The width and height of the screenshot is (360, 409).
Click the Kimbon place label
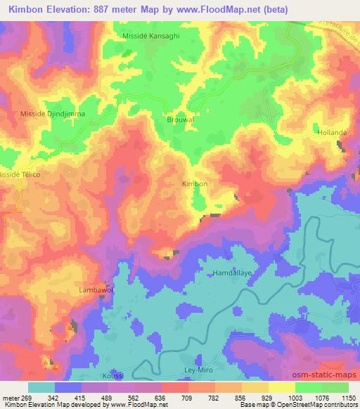click(195, 183)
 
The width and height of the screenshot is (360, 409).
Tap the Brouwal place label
click(179, 119)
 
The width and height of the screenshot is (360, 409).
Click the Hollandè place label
click(333, 132)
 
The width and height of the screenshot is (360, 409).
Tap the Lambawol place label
click(95, 290)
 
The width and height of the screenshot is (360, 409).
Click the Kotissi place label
click(112, 376)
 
